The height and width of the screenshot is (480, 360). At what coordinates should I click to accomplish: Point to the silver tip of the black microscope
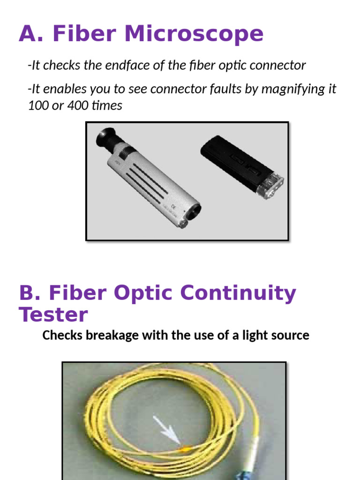point(272,187)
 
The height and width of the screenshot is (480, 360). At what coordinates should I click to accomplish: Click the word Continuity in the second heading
point(238,293)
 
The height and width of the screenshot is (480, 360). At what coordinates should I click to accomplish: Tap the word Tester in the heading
point(53,314)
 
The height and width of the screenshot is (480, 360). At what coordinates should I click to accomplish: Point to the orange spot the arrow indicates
point(184,447)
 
